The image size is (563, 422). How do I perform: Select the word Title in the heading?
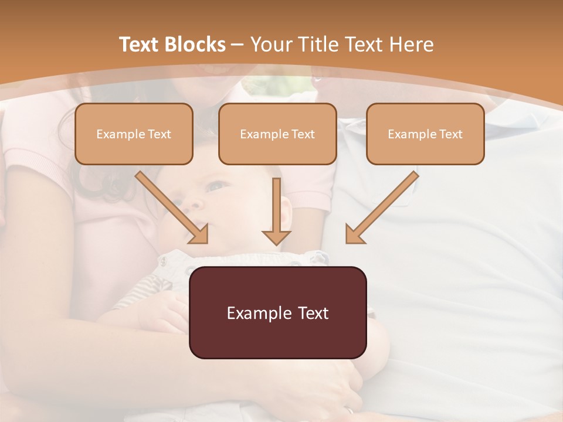pyautogui.click(x=320, y=45)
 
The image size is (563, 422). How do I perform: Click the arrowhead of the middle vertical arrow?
pyautogui.click(x=276, y=237)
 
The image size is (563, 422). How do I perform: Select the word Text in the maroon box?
pyautogui.click(x=313, y=313)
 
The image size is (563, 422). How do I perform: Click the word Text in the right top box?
pyautogui.click(x=450, y=134)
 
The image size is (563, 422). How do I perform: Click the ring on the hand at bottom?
pyautogui.click(x=350, y=411)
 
